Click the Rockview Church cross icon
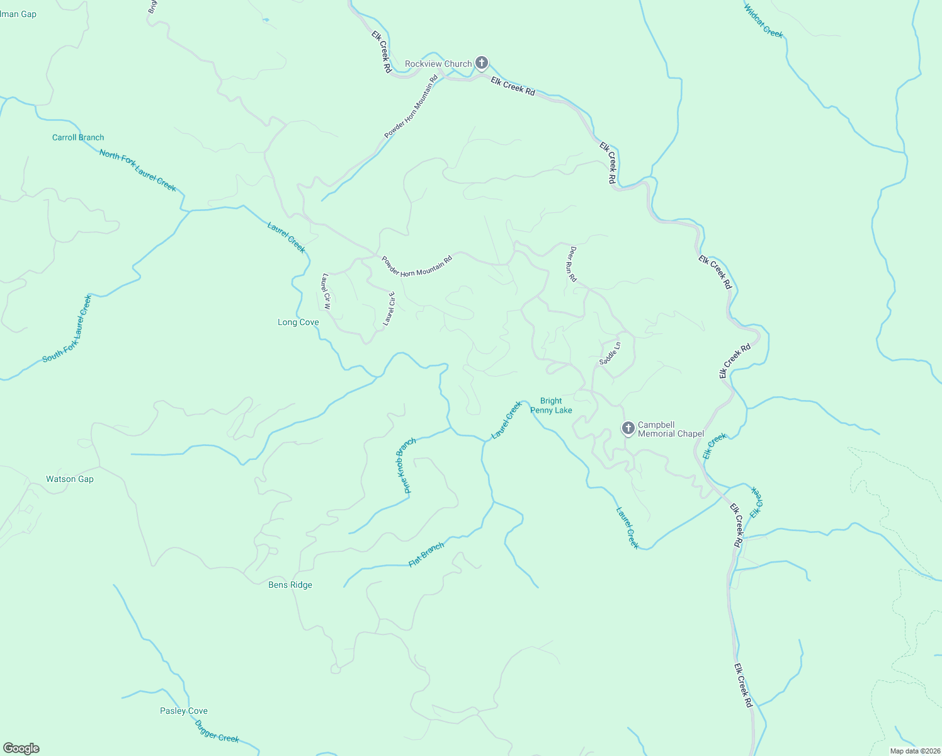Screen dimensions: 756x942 coord(482,63)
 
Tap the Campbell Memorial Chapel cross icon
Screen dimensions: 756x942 coord(628,428)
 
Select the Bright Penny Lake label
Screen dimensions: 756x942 coord(551,406)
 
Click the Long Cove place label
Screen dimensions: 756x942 coord(298,323)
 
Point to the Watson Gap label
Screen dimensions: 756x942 coord(70,479)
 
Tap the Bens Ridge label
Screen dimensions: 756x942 coord(290,585)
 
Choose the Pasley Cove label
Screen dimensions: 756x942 coord(184,711)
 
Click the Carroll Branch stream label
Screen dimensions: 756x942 coord(78,138)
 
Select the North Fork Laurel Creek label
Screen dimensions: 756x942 coord(138,171)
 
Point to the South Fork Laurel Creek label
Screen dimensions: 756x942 coord(67,328)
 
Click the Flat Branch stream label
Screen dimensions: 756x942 coord(426,554)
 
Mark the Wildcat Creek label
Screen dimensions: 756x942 coord(764,21)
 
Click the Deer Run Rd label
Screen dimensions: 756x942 coord(572,263)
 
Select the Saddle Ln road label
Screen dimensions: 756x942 coord(610,353)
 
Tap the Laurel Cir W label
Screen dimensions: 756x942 coord(326,290)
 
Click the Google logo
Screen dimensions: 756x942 coord(21,748)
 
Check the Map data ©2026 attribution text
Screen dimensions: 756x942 coord(914,751)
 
